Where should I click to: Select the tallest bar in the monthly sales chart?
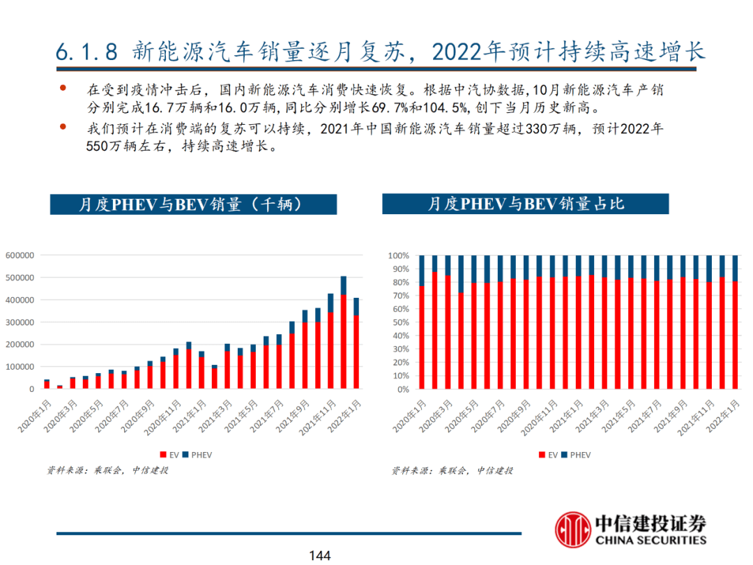coord(343,331)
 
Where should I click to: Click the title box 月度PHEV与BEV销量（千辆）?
coord(193,204)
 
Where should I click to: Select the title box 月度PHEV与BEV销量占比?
coord(525,204)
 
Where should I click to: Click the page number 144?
coord(319,556)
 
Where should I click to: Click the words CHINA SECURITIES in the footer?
coord(651,540)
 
